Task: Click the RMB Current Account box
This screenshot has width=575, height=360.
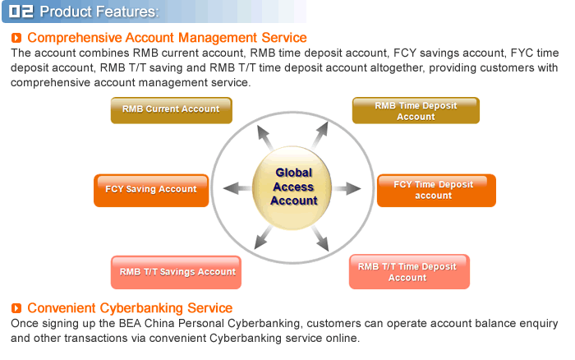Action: coord(171,109)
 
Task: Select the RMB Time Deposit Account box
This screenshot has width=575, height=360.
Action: coord(416,111)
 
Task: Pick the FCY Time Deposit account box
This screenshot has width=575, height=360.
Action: coord(435,190)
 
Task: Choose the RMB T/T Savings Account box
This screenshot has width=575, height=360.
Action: coord(177,272)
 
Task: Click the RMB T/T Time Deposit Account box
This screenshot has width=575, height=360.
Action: coord(408,272)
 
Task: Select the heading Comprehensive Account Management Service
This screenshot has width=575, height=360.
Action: coord(167,38)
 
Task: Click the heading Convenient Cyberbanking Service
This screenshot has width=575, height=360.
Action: coord(130,308)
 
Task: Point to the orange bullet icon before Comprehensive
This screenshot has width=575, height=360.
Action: coord(17,38)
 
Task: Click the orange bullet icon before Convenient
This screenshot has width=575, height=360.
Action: coord(17,308)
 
